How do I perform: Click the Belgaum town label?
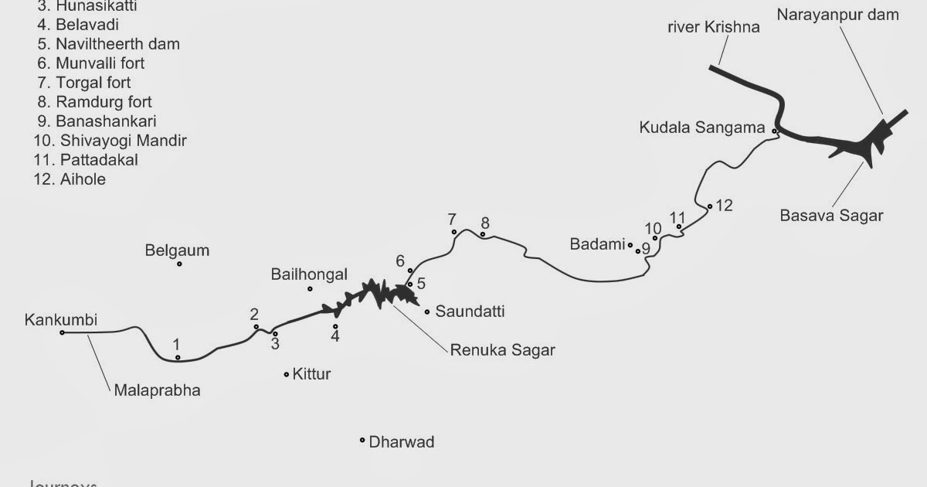click(177, 250)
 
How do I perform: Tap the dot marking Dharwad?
click(362, 441)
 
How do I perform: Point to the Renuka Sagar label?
click(503, 349)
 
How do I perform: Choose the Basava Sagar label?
click(830, 216)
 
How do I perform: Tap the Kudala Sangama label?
click(701, 128)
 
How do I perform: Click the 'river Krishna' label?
click(714, 27)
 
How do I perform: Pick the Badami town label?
click(596, 244)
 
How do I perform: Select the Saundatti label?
click(470, 312)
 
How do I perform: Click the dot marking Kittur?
click(287, 374)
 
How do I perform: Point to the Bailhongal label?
click(309, 274)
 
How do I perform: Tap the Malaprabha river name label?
click(157, 390)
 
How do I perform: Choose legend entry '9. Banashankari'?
click(96, 121)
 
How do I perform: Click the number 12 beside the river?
click(724, 206)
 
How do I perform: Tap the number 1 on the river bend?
click(176, 344)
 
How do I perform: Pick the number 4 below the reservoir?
click(335, 336)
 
